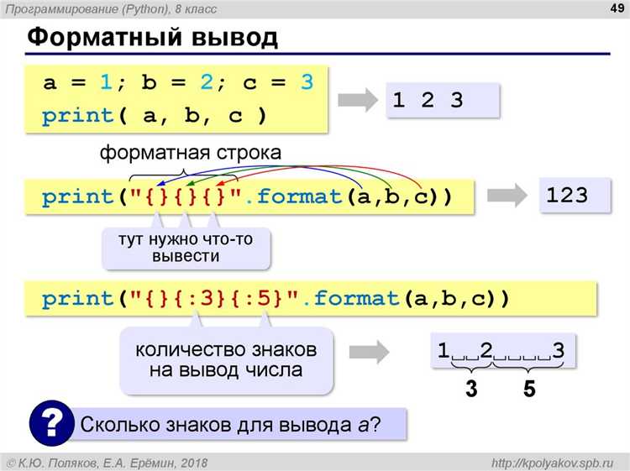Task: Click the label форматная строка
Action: pyautogui.click(x=191, y=154)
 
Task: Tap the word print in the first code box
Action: pyautogui.click(x=77, y=117)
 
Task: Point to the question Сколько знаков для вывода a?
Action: pyautogui.click(x=229, y=424)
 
